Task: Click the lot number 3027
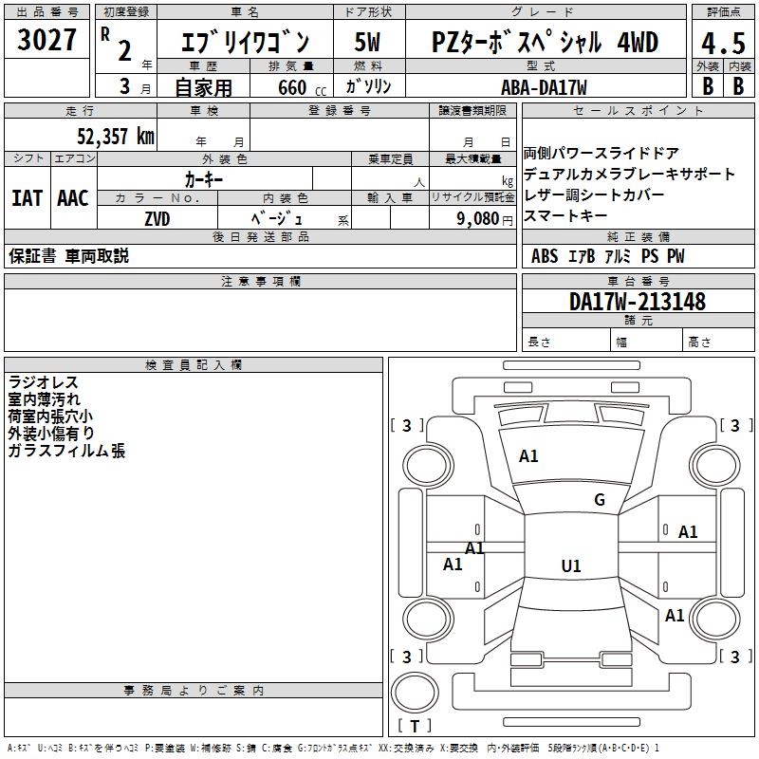click(47, 43)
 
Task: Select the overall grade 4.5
click(721, 44)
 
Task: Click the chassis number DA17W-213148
click(638, 302)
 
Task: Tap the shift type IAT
click(27, 198)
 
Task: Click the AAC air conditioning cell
click(72, 198)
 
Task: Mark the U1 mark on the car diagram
click(570, 566)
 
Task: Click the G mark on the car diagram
click(599, 500)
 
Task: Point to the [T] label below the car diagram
click(415, 726)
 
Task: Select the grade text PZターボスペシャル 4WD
click(545, 43)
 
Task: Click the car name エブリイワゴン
click(246, 43)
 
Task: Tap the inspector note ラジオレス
click(43, 382)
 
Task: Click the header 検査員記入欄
click(194, 364)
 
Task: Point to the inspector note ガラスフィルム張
click(66, 451)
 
